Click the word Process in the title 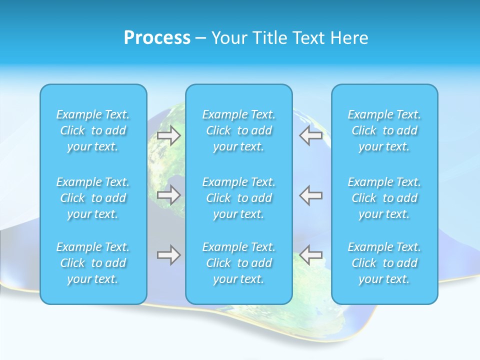tap(157, 38)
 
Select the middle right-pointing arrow tap(168, 194)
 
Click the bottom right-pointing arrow tap(168, 255)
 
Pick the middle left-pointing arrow tap(311, 194)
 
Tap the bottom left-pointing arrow tap(311, 255)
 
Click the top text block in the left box tap(93, 130)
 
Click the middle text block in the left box tap(93, 198)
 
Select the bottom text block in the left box tap(93, 263)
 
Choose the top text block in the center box tap(239, 130)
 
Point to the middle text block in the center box tap(239, 198)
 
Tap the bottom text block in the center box tap(239, 263)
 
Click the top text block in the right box tap(384, 130)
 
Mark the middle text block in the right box tap(384, 198)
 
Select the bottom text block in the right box tap(384, 263)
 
